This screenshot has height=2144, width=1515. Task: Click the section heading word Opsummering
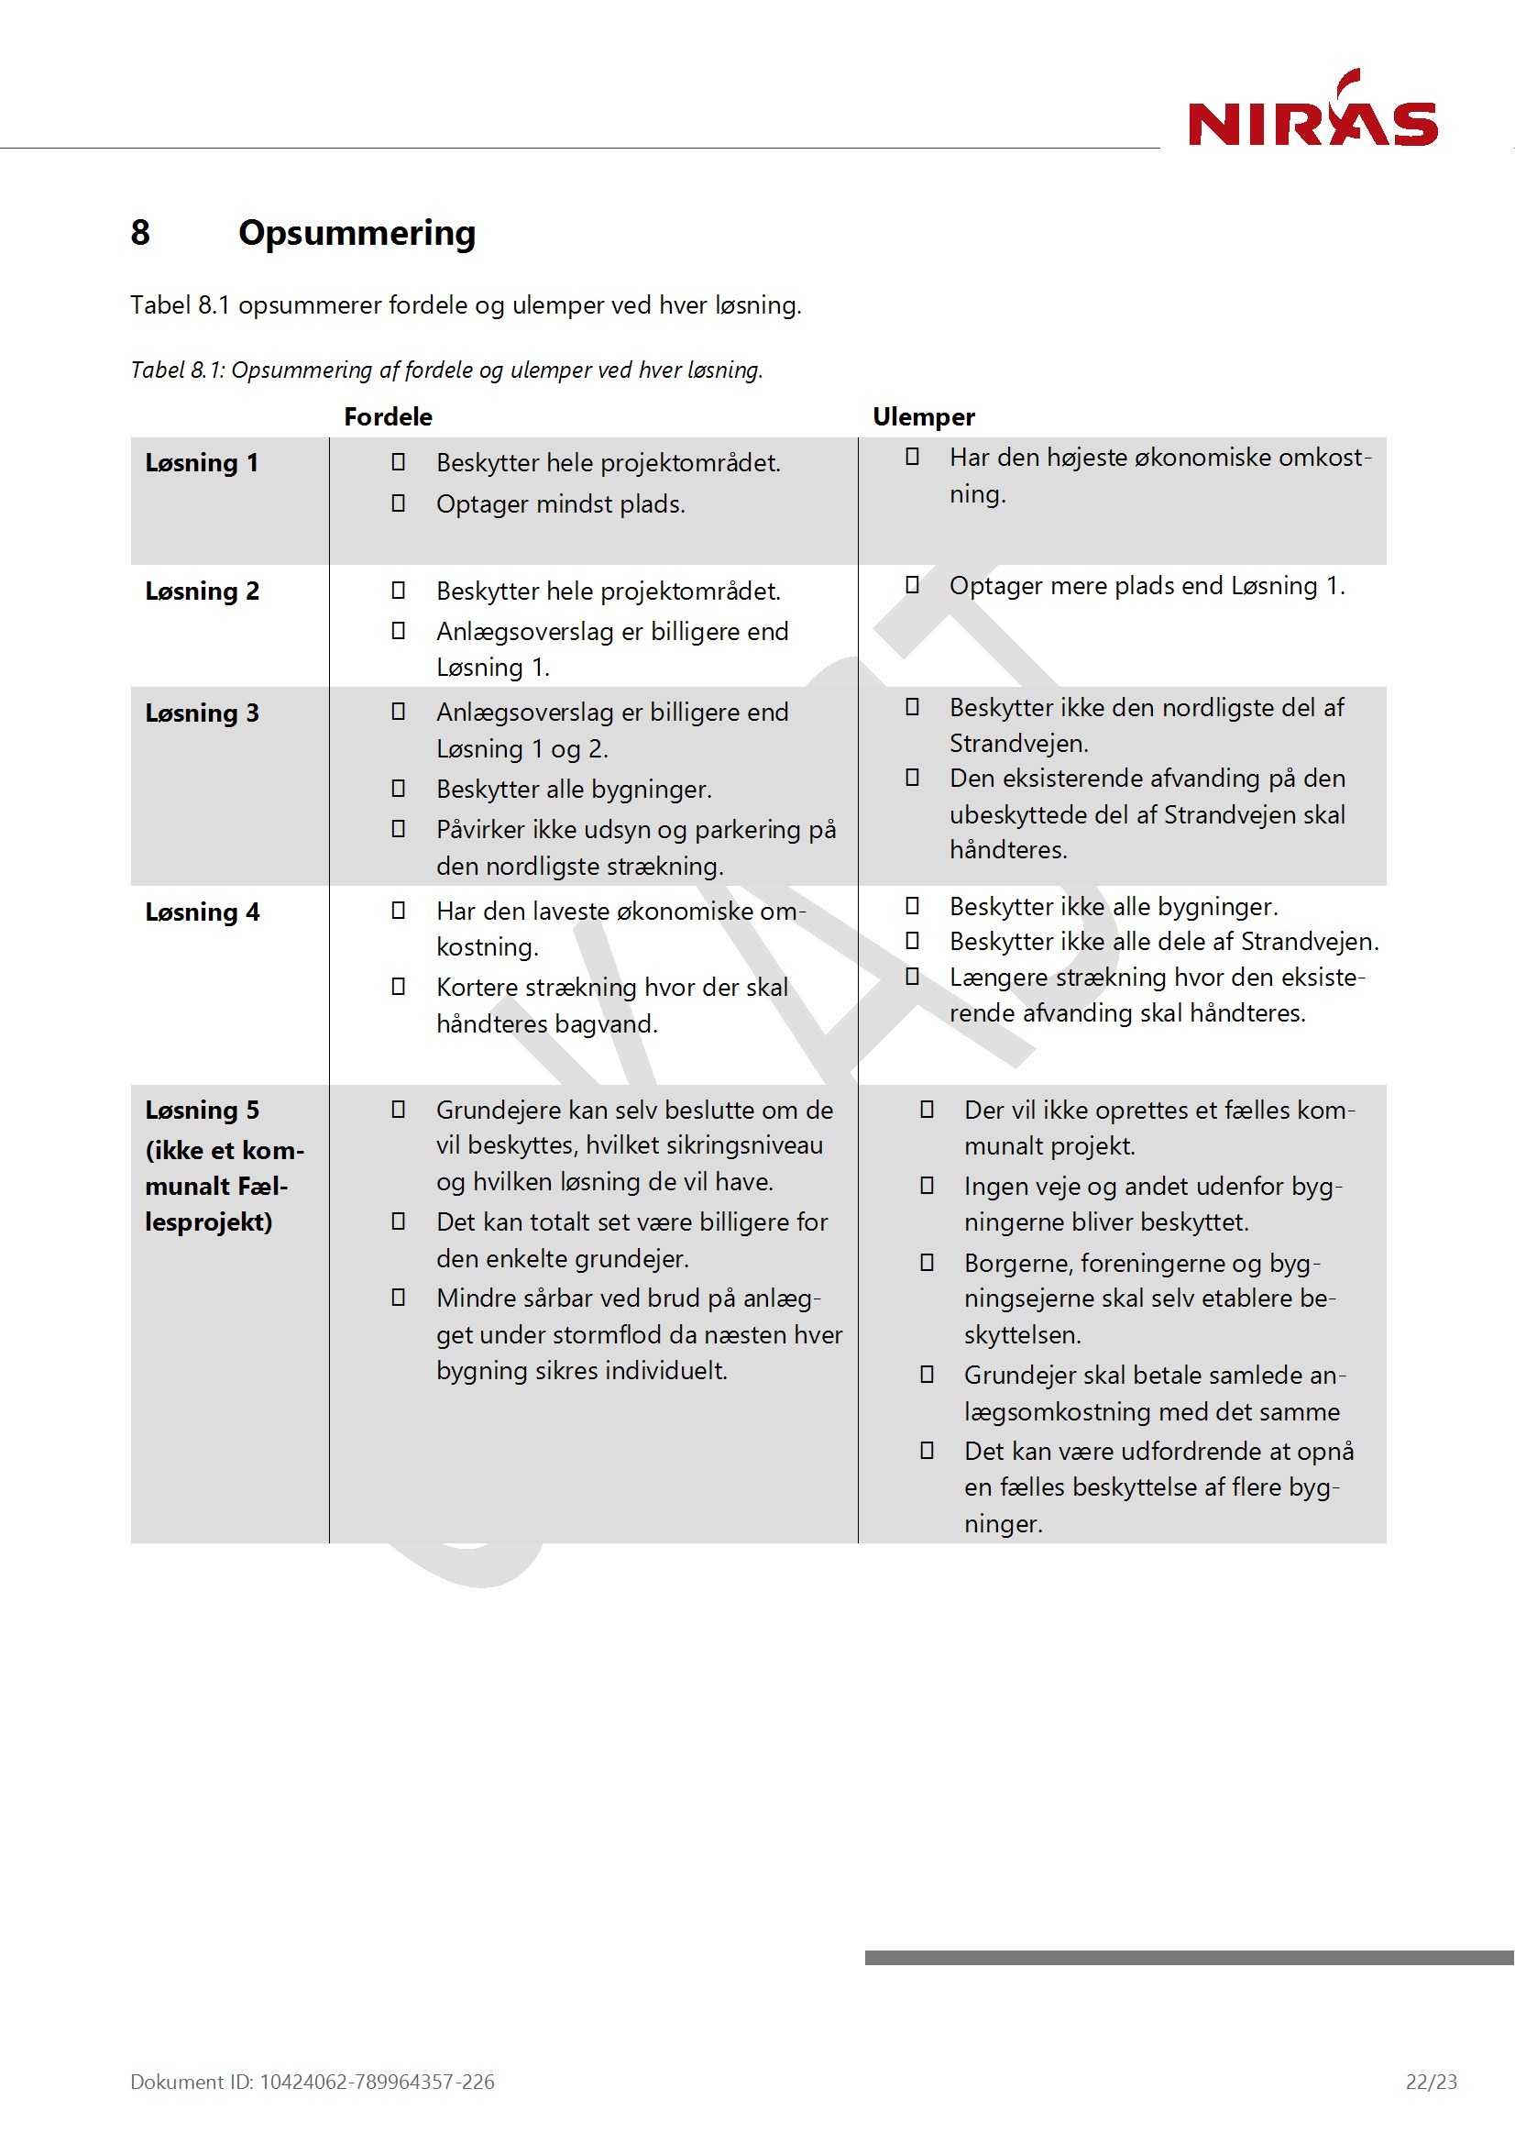tap(357, 233)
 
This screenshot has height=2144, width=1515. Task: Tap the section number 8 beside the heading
tap(140, 233)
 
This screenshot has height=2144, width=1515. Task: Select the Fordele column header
tap(388, 416)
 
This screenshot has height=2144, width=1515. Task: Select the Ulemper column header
tap(923, 416)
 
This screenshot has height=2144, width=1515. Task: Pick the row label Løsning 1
tap(202, 462)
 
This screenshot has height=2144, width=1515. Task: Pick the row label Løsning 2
tap(202, 591)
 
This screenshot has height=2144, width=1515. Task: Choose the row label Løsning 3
tap(202, 713)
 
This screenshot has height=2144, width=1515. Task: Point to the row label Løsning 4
tap(202, 912)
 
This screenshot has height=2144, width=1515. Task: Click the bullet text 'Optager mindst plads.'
tap(560, 504)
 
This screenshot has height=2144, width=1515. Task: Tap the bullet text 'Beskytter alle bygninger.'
tap(573, 789)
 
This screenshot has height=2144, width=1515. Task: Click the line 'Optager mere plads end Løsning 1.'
tap(1147, 585)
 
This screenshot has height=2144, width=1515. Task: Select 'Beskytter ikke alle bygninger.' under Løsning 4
tap(1113, 906)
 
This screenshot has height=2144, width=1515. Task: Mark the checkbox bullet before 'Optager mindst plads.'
tap(398, 503)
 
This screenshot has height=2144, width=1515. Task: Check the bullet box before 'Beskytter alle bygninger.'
tap(398, 788)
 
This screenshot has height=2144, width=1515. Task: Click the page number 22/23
tap(1430, 2082)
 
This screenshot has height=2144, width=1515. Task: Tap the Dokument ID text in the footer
tap(312, 2082)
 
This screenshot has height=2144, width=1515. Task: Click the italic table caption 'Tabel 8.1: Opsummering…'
tap(446, 370)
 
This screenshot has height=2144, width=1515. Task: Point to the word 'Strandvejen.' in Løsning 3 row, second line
tap(1018, 744)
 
